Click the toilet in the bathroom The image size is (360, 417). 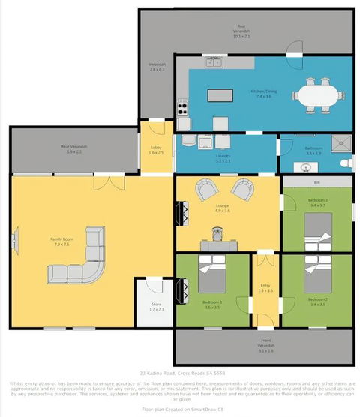345,163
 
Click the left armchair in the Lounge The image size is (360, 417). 205,190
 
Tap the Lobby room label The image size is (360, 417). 156,150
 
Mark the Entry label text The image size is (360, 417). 264,287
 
